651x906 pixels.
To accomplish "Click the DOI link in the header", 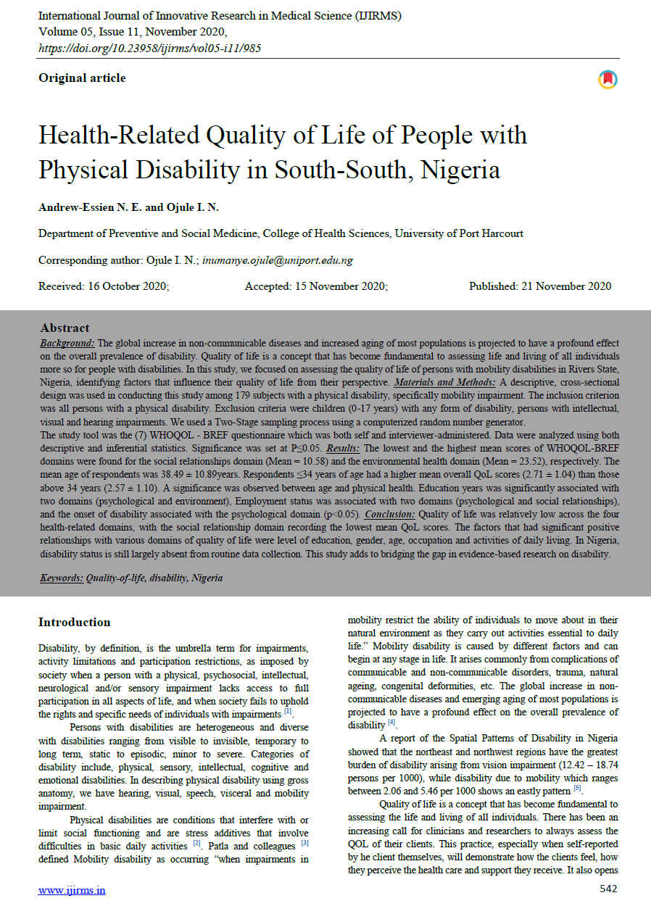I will pyautogui.click(x=149, y=48).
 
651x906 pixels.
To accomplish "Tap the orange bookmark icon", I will pyautogui.click(x=608, y=80).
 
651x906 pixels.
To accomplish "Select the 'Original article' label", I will pyautogui.click(x=82, y=78).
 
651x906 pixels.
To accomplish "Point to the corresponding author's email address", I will pyautogui.click(x=278, y=260).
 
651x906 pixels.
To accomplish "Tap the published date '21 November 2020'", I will pyautogui.click(x=565, y=286).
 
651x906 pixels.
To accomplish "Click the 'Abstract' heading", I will pyautogui.click(x=65, y=328).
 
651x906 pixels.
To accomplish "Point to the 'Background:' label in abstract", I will pyautogui.click(x=67, y=342).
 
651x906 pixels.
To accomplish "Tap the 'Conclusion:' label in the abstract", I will pyautogui.click(x=391, y=514).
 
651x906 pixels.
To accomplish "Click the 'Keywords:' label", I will pyautogui.click(x=61, y=578).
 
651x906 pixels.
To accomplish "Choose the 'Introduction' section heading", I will pyautogui.click(x=74, y=623).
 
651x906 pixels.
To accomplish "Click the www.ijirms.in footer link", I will pyautogui.click(x=72, y=889).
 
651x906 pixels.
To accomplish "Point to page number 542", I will pyautogui.click(x=609, y=889).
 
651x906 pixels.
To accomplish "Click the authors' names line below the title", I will pyautogui.click(x=128, y=208).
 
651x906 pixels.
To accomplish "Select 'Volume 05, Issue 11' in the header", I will pyautogui.click(x=99, y=32).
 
